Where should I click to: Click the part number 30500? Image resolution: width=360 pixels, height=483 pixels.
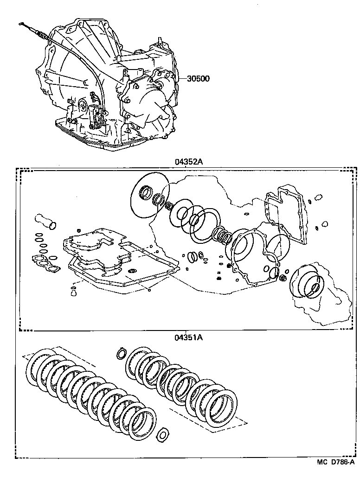[198, 78]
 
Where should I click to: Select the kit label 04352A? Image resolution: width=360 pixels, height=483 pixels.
[189, 162]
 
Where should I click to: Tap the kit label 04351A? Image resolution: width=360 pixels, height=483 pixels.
[188, 337]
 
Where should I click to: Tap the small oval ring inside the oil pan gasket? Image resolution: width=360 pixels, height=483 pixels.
[132, 270]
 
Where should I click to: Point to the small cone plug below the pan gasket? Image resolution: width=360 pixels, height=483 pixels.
[72, 291]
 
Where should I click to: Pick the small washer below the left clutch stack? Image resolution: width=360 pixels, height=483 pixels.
[162, 434]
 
